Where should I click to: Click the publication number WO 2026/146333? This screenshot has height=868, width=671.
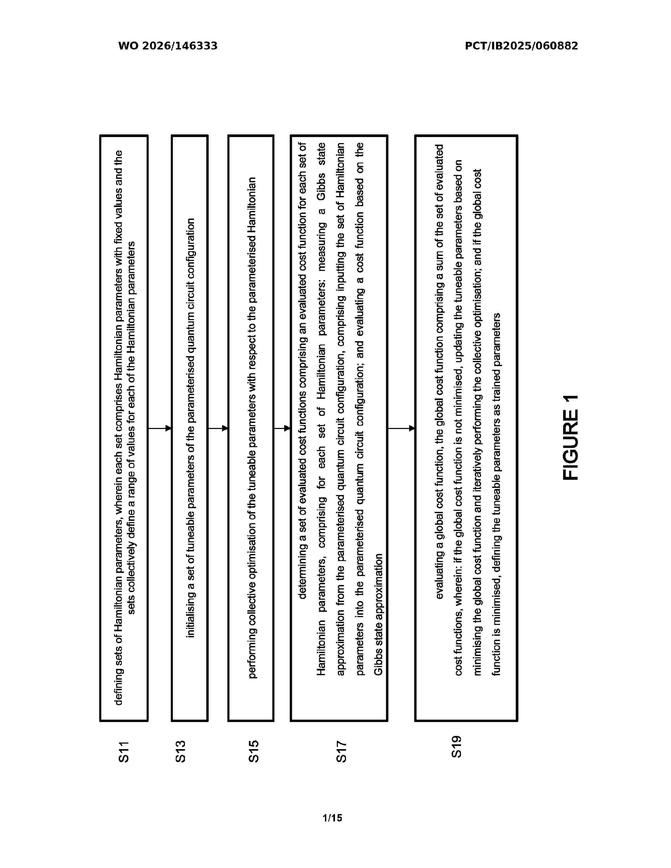click(168, 46)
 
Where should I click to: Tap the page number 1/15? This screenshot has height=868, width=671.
click(332, 818)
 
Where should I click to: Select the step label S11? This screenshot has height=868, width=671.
click(124, 751)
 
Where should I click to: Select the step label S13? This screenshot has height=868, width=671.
click(181, 751)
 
